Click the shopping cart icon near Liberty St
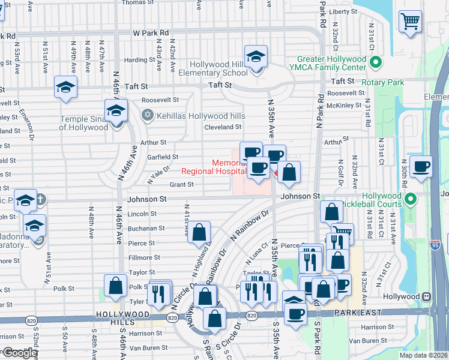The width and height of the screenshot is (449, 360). [410, 21]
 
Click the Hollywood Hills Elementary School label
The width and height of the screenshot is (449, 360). [218, 68]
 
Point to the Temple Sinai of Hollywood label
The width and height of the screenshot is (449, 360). [83, 123]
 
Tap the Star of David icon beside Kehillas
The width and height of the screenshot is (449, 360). [147, 114]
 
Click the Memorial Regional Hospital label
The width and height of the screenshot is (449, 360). [213, 167]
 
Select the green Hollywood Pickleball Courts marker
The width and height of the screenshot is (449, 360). [411, 199]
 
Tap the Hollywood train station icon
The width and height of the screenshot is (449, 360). [426, 296]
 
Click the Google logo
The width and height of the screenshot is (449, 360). [19, 352]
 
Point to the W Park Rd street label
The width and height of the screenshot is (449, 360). [151, 34]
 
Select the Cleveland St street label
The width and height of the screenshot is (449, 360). [223, 127]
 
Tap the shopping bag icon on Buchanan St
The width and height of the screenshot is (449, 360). [199, 233]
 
